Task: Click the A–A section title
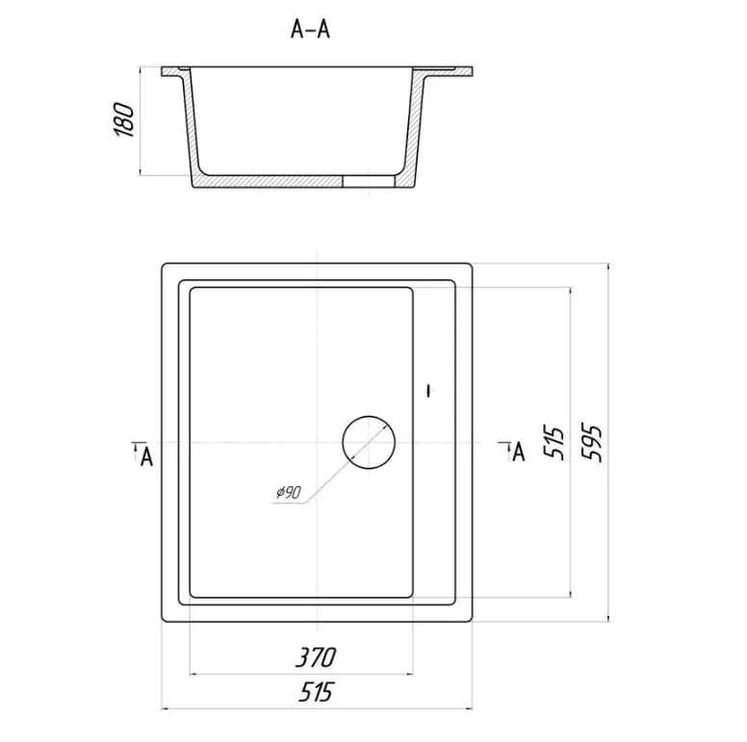tap(310, 29)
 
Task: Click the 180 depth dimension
tap(124, 119)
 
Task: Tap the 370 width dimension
tap(316, 657)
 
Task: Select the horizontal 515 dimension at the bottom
tap(316, 692)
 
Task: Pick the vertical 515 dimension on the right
tap(554, 443)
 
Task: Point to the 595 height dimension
tap(593, 443)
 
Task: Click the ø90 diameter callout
tap(288, 492)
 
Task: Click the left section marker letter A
tap(146, 457)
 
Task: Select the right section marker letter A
tap(518, 452)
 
